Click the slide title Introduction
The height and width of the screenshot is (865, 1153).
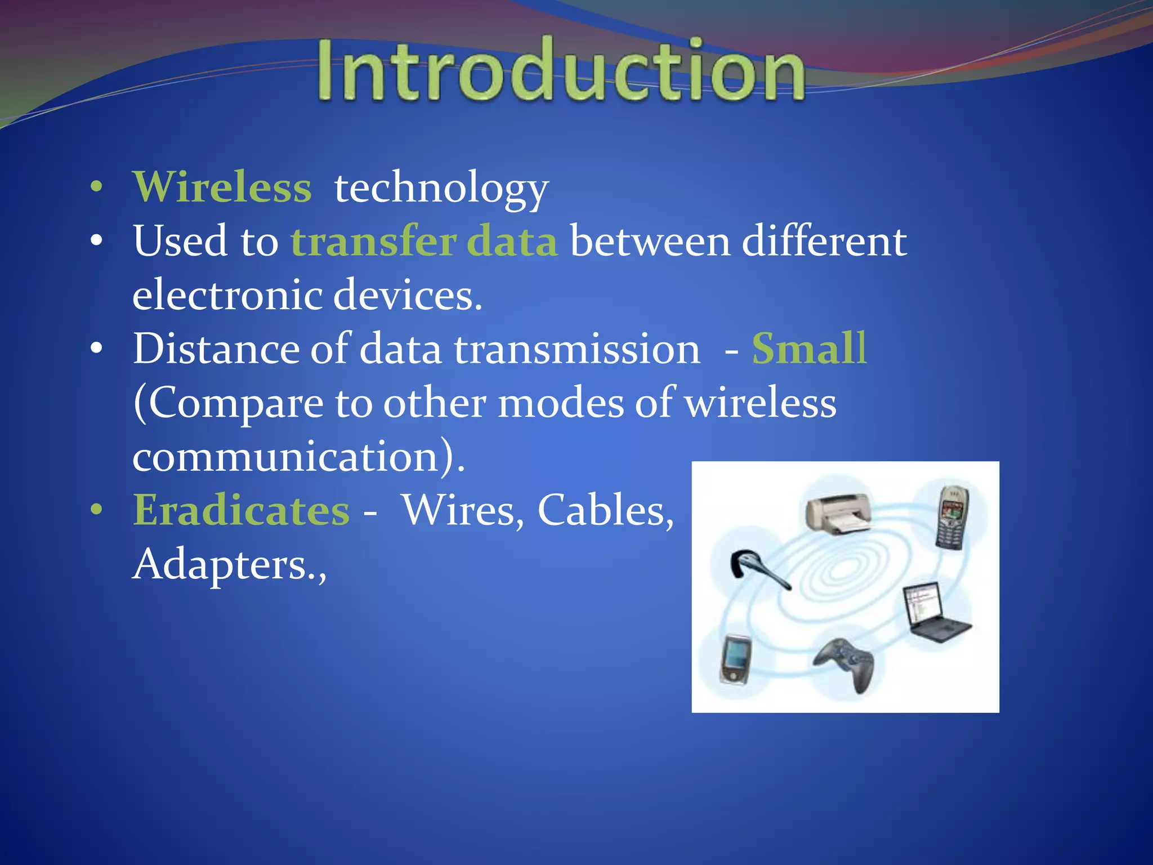click(x=560, y=70)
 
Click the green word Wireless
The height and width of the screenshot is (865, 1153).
click(x=222, y=187)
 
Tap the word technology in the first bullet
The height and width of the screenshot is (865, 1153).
click(x=441, y=188)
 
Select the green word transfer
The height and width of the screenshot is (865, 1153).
click(x=373, y=241)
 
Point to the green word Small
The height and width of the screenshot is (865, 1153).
click(x=809, y=349)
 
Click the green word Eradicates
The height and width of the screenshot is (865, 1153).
click(x=241, y=510)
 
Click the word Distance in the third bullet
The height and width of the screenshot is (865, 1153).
click(x=214, y=349)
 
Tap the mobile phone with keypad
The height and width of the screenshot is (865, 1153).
click(x=951, y=517)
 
